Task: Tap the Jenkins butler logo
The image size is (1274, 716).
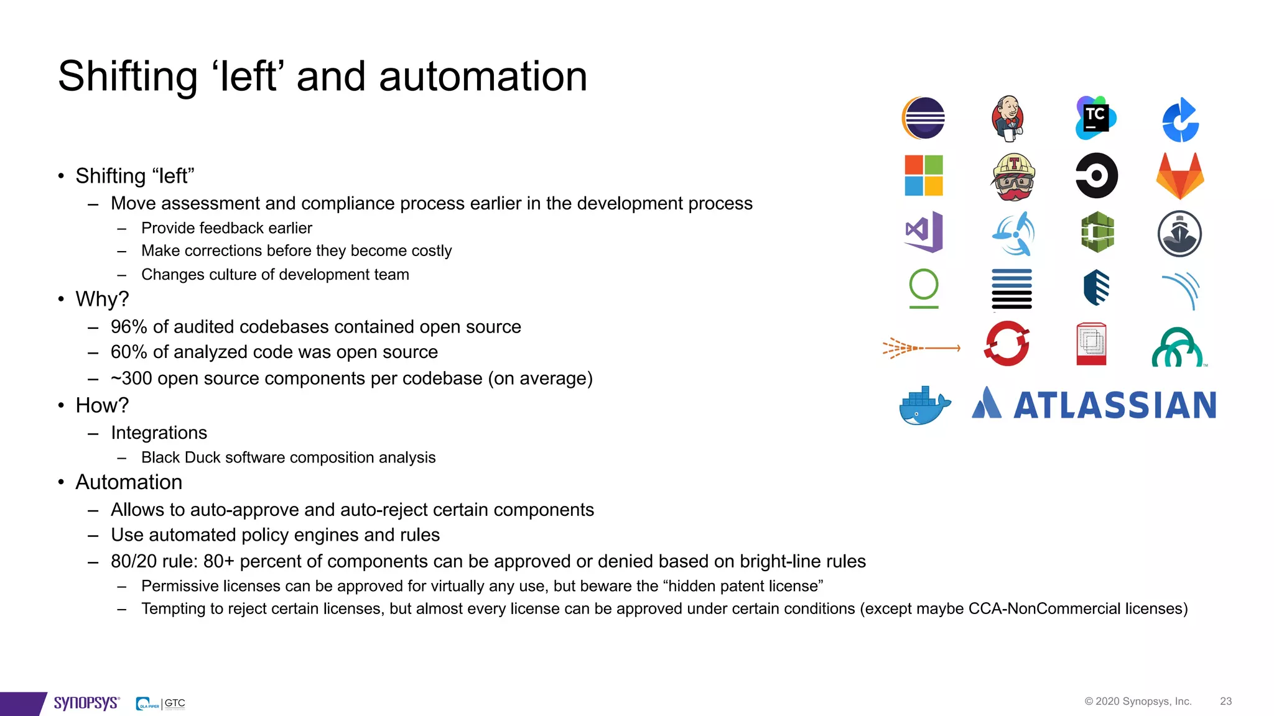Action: [x=1008, y=118]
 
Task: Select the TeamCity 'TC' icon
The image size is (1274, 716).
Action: [x=1095, y=117]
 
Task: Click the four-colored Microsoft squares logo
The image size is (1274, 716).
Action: [x=924, y=176]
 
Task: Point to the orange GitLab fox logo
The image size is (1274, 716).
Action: [x=1180, y=176]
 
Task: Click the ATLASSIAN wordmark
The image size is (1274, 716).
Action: [x=1115, y=406]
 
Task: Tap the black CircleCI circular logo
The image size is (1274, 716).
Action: [x=1096, y=176]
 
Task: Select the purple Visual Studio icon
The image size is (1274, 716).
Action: [x=924, y=232]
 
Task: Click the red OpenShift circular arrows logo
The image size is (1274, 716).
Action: [x=1007, y=344]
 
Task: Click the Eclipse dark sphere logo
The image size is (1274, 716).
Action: [x=924, y=118]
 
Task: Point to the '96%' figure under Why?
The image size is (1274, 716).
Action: [x=129, y=327]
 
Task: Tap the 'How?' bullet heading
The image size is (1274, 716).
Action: [x=102, y=405]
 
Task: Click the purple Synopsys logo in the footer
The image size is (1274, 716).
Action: [x=86, y=703]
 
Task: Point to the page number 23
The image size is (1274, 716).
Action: [x=1225, y=701]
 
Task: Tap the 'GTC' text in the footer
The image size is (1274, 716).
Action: [x=175, y=703]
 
